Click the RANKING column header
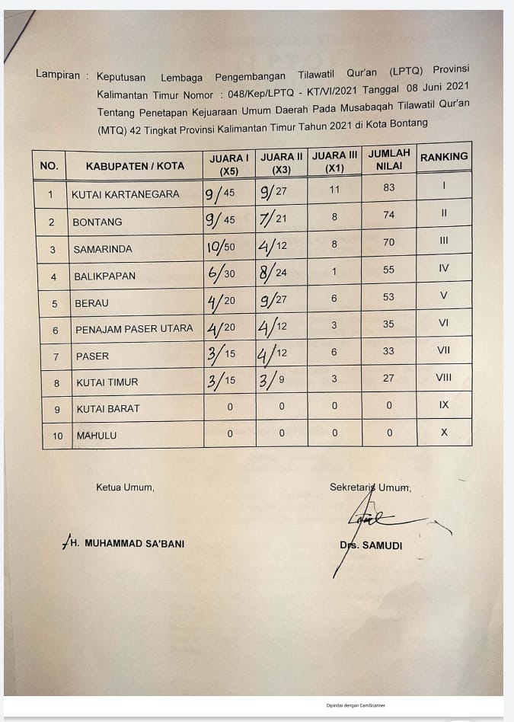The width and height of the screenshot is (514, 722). pos(444,157)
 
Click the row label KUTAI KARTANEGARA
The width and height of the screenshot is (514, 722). pos(126,194)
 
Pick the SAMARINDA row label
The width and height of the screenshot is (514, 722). pos(103,250)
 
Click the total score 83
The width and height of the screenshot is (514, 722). pos(389,187)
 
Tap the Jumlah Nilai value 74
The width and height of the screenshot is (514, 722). pos(389,215)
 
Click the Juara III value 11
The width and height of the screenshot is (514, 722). pos(334,188)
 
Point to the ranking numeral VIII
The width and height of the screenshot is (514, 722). pos(444,376)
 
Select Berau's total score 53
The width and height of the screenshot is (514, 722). pos(389,297)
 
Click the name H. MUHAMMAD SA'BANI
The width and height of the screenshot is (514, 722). pos(126,544)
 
